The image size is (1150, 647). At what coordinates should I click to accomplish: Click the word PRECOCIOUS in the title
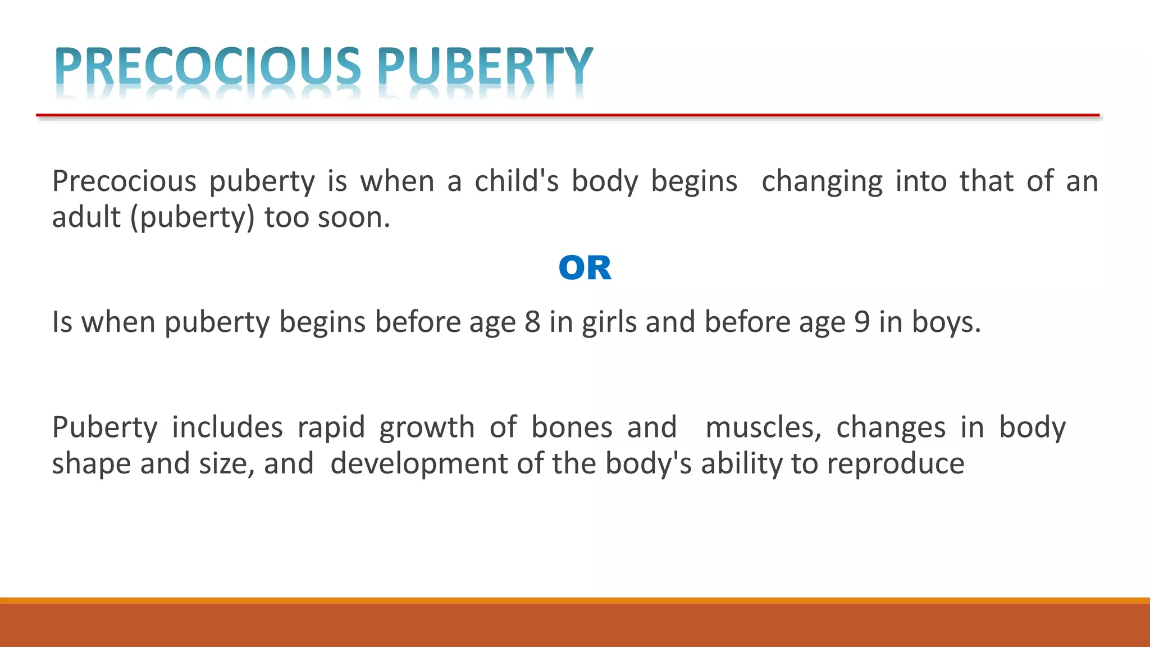208,66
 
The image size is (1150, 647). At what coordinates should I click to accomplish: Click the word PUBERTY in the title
485,66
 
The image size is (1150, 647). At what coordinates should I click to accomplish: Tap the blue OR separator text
585,268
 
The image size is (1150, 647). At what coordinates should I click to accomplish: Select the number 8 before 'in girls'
532,322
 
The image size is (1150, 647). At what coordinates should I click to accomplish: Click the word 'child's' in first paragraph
517,181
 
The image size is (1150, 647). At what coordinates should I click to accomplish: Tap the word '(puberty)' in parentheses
193,218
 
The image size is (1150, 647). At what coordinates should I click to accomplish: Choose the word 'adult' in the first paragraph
86,217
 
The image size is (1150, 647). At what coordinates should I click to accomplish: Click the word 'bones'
572,427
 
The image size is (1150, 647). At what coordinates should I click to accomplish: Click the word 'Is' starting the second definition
62,322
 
